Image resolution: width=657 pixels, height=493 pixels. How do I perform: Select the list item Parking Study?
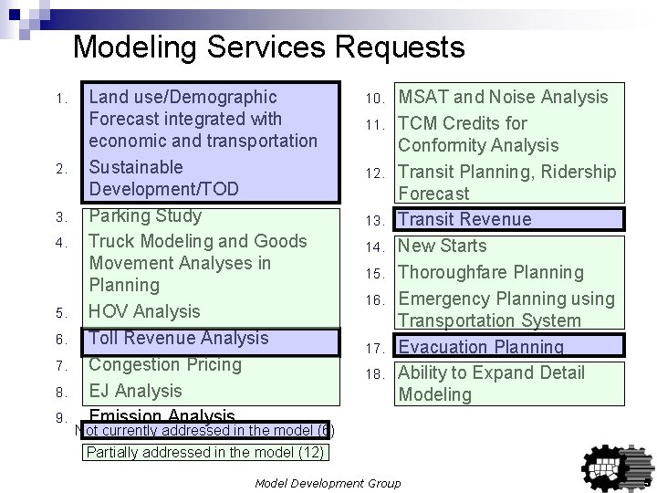[x=144, y=216]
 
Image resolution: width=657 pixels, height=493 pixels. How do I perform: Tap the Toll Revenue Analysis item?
[x=179, y=338]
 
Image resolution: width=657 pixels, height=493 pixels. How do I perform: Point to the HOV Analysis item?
[x=144, y=311]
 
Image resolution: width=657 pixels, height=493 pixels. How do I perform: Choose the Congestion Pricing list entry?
[x=165, y=364]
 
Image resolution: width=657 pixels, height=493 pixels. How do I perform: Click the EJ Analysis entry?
[x=135, y=391]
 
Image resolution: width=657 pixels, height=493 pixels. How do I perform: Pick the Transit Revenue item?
[x=464, y=219]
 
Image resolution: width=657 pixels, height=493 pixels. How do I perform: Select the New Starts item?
[x=443, y=246]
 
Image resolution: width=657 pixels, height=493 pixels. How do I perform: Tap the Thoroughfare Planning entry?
[x=491, y=272]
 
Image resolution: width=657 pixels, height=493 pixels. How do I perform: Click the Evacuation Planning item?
[x=481, y=347]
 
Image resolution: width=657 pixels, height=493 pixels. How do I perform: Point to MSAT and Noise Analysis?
[x=503, y=97]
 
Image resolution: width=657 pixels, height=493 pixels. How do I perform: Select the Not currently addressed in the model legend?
[x=204, y=430]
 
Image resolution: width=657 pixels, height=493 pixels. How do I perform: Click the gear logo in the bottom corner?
[x=611, y=462]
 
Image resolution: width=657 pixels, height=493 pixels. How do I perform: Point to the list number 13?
[x=378, y=221]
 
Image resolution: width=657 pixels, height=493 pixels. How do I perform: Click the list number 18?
[x=378, y=374]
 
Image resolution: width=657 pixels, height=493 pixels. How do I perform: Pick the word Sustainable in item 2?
[x=135, y=167]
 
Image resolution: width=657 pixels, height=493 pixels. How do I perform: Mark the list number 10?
[x=378, y=99]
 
